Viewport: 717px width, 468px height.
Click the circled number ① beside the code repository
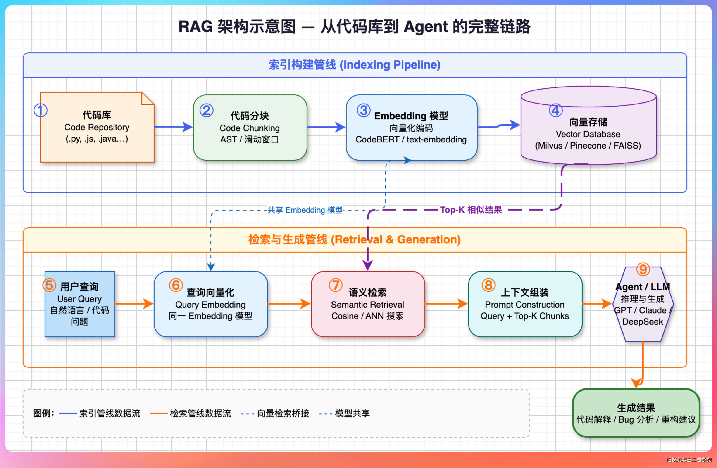[40, 110]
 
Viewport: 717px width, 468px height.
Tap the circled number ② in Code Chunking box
[207, 110]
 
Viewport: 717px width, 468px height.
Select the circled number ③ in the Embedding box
[364, 110]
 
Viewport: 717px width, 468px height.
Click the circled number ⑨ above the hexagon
[643, 269]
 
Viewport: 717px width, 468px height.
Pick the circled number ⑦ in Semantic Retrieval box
[336, 285]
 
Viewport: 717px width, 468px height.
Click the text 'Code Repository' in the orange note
[97, 127]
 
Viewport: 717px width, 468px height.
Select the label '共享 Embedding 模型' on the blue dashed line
[305, 210]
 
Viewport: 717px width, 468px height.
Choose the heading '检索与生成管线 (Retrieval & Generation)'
[355, 240]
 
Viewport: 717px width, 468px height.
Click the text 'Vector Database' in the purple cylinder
[588, 134]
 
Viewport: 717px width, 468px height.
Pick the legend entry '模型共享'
[352, 413]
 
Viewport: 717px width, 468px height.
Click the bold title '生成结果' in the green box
[636, 408]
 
